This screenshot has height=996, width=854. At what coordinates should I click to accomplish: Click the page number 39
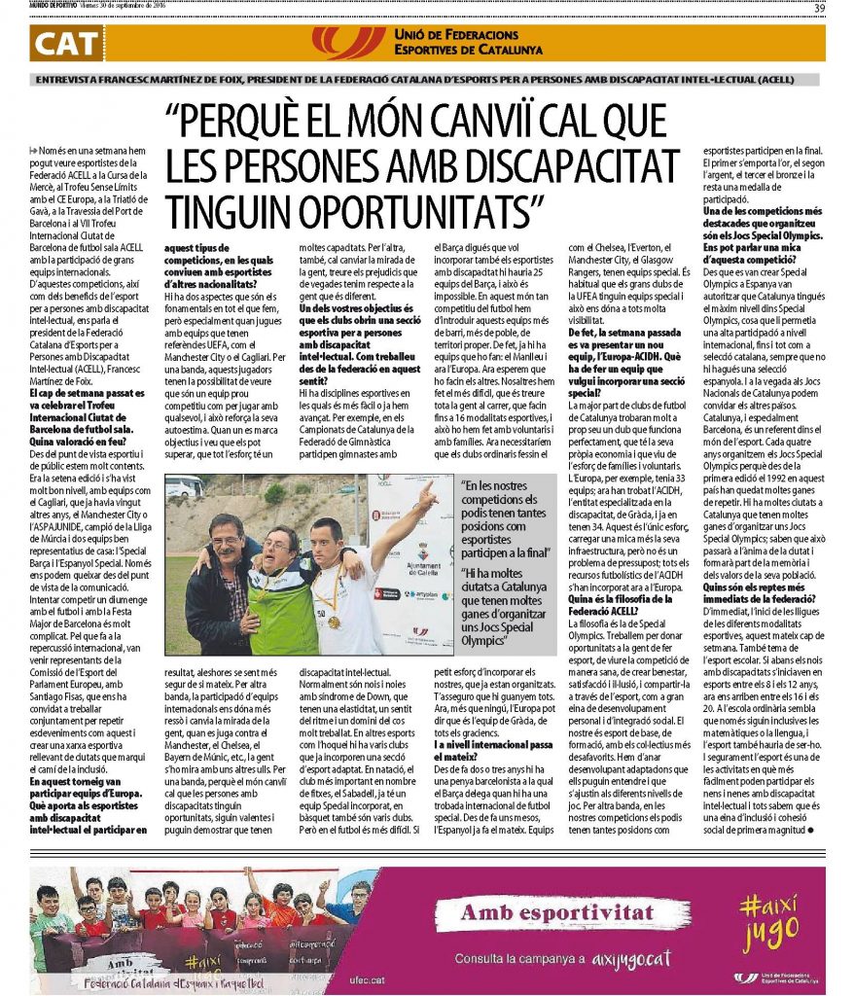coord(819,9)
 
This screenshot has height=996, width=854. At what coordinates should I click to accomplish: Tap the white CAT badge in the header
coord(67,43)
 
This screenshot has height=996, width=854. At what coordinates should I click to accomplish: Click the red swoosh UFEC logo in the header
coord(348,42)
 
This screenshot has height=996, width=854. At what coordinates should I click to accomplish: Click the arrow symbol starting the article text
coord(35,150)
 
